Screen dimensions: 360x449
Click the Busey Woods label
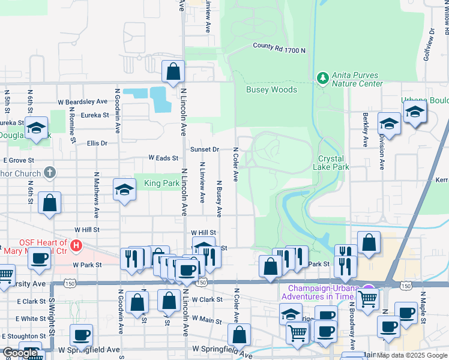coord(271,90)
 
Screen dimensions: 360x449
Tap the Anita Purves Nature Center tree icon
coord(323,78)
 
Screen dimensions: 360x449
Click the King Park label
coord(161,183)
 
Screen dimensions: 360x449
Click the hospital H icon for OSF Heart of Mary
coord(76,245)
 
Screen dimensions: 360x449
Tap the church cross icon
coord(50,173)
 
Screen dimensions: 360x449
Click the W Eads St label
coord(164,158)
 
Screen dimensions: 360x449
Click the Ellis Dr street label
coord(97,143)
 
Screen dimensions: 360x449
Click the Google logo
coord(20,353)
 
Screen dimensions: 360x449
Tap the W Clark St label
coord(206,299)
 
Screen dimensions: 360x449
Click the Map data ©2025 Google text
coord(411,355)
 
